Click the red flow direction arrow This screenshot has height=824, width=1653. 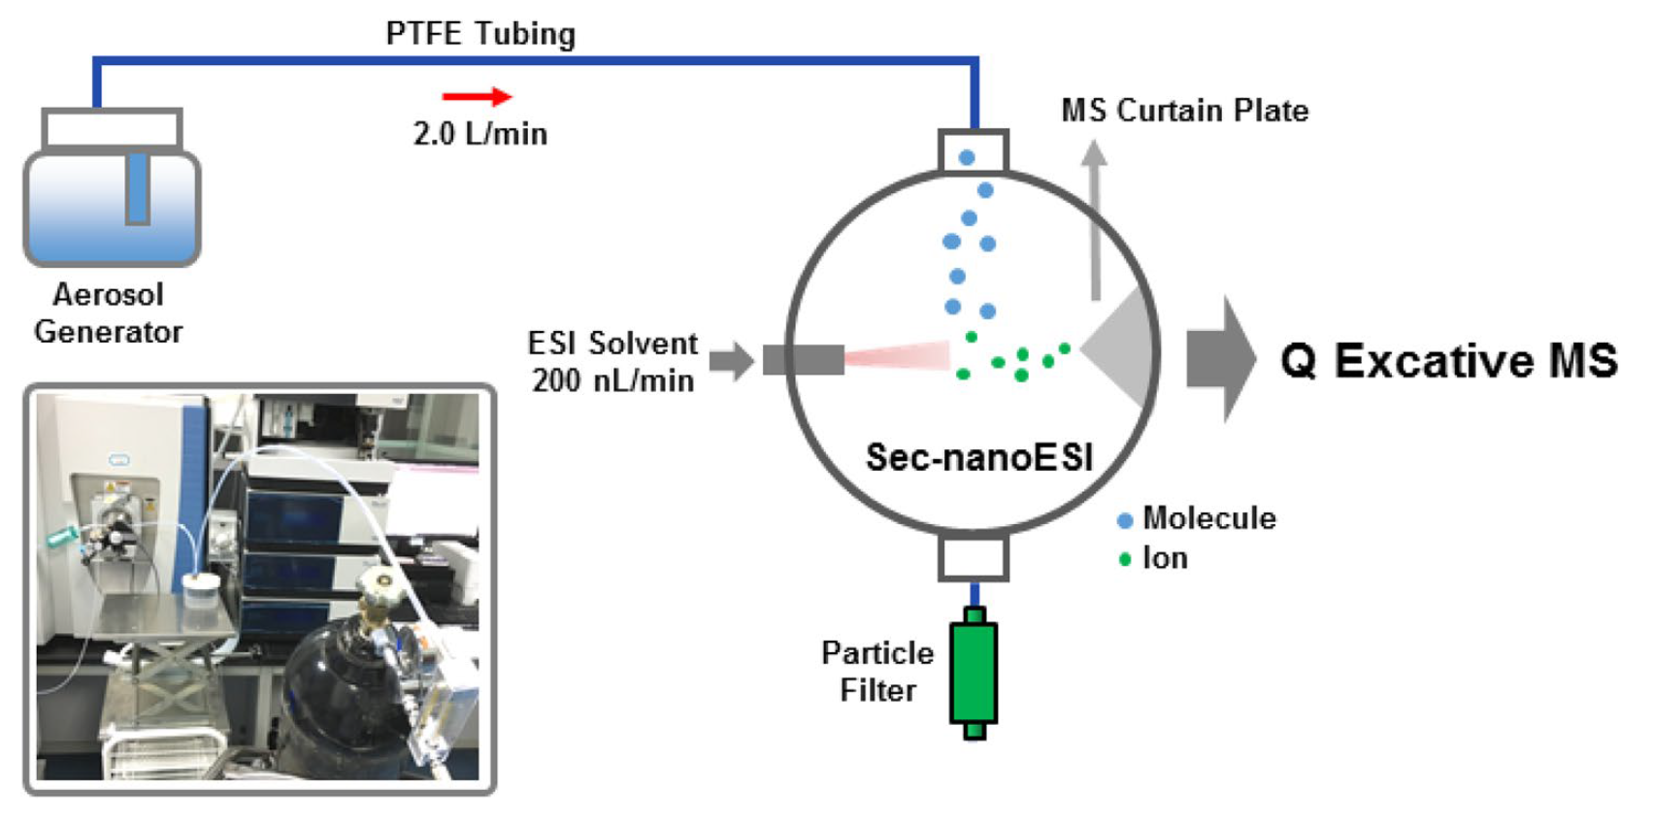(x=477, y=96)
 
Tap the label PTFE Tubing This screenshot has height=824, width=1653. (x=480, y=34)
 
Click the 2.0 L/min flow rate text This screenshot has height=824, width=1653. (x=480, y=133)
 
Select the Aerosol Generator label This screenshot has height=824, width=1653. (x=108, y=313)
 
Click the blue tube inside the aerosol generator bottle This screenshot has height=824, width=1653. (x=138, y=186)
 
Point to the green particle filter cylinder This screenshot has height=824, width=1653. (x=974, y=673)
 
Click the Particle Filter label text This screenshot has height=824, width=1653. (x=877, y=671)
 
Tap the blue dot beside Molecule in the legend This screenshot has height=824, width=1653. (x=1125, y=520)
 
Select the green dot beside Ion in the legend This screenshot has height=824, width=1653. (x=1125, y=559)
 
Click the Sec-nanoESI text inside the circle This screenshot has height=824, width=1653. (x=978, y=457)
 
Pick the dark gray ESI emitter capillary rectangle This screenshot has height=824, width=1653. (x=803, y=360)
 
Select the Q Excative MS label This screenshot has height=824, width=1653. (x=1448, y=360)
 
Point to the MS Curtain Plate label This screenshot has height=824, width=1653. (x=1184, y=111)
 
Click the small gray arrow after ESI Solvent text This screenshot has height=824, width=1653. (x=731, y=361)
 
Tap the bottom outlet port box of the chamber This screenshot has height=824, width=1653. (x=974, y=558)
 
